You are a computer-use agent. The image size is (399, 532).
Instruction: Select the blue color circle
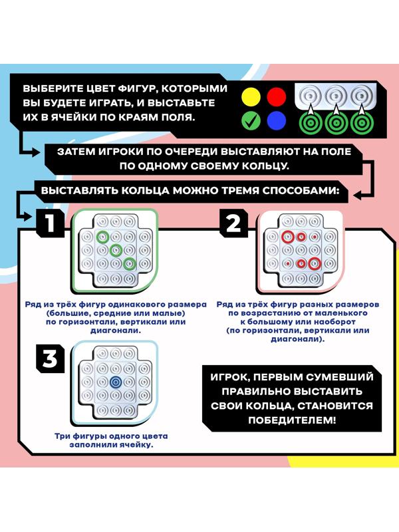pyautogui.click(x=275, y=121)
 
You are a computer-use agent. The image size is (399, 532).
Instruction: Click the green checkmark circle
pyautogui.click(x=250, y=121)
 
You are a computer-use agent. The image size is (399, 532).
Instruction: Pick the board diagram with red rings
pyautogui.click(x=298, y=251)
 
